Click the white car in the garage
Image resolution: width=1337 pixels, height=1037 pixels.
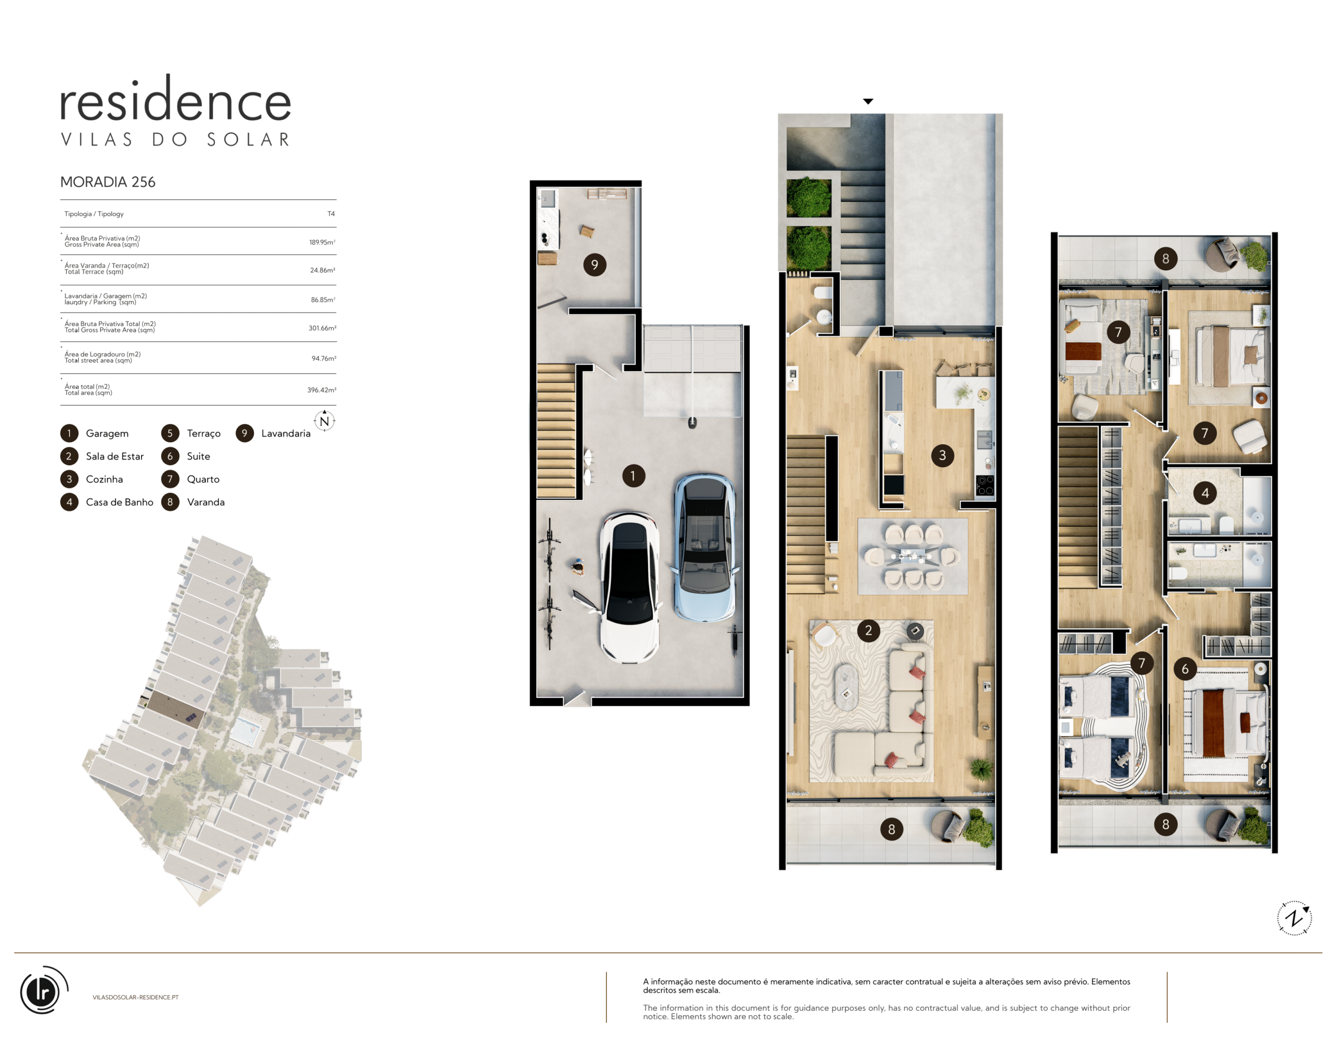629,587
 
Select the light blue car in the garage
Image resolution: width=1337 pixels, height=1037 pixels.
705,548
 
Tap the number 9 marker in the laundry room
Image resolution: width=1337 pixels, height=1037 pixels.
594,264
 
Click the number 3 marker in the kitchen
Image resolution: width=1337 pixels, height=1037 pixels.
942,455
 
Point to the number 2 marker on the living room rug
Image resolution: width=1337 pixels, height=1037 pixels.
868,630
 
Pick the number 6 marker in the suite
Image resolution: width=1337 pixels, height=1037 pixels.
1185,669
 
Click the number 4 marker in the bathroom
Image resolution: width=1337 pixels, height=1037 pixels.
1205,493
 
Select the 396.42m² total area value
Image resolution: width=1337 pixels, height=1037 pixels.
321,389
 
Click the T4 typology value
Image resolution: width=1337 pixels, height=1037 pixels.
331,214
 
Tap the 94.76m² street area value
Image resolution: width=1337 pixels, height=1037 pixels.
324,359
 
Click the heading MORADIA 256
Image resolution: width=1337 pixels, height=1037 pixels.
108,182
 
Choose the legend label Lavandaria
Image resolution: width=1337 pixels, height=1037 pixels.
286,433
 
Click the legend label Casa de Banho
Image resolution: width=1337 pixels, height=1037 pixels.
120,502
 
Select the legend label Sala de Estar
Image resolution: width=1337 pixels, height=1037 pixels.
114,456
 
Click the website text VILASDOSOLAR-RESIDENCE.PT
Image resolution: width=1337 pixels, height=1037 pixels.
135,997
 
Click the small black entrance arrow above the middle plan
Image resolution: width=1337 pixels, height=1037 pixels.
868,101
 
